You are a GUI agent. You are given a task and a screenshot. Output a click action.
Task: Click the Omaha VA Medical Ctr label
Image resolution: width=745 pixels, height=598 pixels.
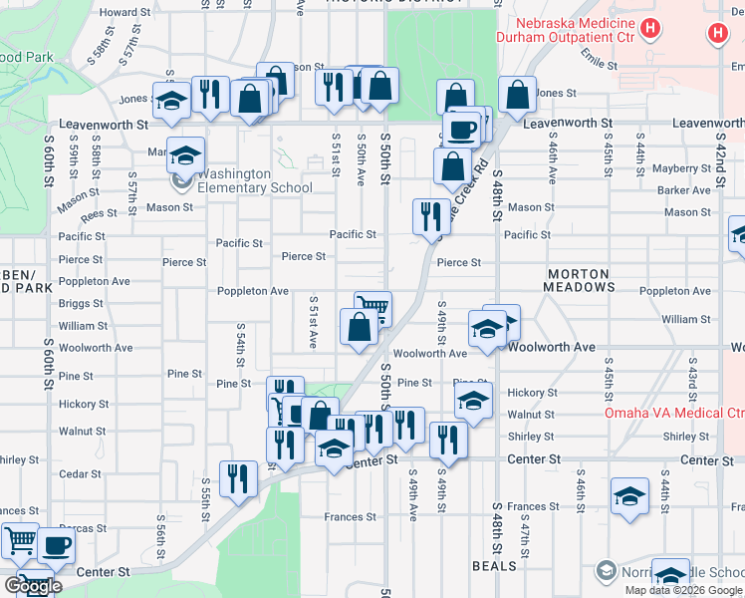[674, 413]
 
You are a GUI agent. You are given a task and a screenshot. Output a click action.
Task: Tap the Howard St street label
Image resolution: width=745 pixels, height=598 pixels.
[124, 12]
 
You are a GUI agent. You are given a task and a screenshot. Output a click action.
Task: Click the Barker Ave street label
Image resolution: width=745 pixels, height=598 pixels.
[683, 190]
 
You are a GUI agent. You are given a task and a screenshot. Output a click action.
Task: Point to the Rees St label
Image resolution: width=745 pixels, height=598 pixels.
[100, 214]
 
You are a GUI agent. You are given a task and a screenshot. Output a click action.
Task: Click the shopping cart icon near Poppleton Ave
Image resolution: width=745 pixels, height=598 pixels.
[372, 307]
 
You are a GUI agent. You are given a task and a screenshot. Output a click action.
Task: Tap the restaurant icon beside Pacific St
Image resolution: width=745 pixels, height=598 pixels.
[430, 214]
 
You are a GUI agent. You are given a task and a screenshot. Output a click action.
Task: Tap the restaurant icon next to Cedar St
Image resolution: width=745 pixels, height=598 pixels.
[238, 477]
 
